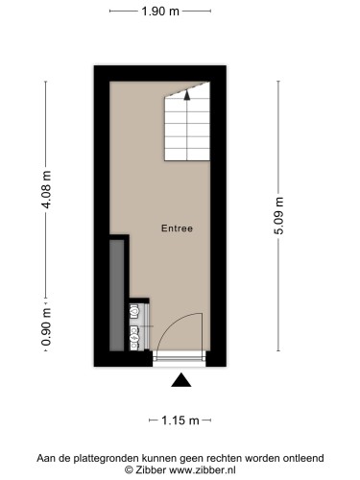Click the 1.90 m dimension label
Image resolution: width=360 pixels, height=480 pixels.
point(160,12)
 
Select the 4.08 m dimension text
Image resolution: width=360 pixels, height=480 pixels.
point(47,189)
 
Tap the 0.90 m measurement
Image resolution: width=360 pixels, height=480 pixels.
point(47,326)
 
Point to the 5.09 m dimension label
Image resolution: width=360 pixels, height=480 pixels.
point(279,216)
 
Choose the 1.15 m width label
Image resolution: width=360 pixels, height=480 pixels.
point(180,420)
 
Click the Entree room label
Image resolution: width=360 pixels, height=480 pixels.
point(177,228)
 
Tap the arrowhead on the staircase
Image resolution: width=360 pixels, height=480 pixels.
point(187,95)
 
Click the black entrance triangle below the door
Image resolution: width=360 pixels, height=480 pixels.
point(181,380)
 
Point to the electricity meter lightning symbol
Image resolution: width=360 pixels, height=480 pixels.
point(134,338)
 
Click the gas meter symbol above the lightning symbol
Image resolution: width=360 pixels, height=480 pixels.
point(134,312)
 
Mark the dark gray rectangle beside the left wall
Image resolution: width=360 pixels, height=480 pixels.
point(116,296)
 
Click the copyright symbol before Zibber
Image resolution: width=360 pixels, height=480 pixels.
point(129,470)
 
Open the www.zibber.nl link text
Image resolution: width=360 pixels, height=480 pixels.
point(203,470)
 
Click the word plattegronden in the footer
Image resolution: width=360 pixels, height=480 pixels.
point(107,458)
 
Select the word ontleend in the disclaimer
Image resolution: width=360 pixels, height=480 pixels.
point(303,458)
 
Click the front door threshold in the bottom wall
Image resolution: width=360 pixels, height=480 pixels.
point(179,359)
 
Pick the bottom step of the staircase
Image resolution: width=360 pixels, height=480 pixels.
point(187,155)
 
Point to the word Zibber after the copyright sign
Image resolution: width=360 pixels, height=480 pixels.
point(151,470)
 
